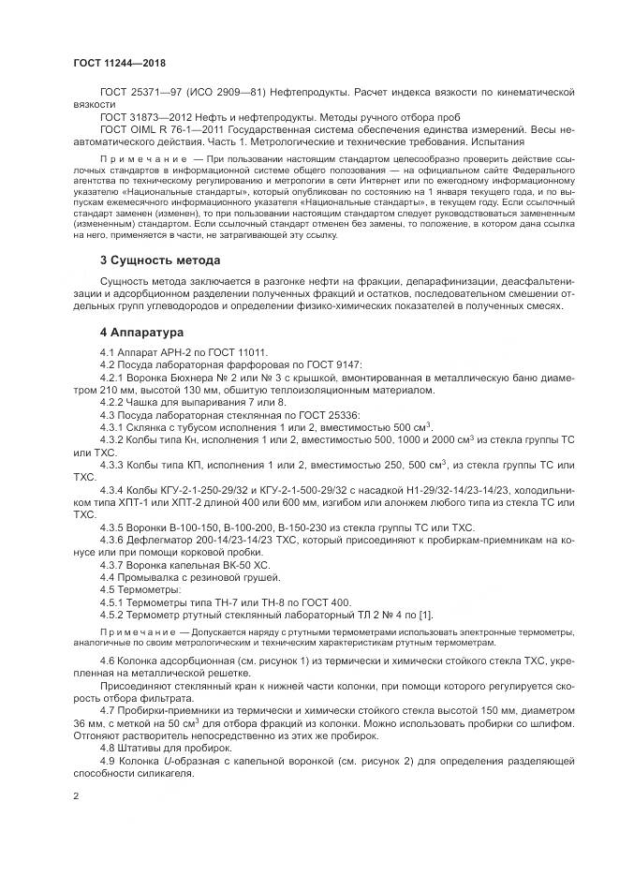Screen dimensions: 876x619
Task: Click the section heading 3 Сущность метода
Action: point(159,260)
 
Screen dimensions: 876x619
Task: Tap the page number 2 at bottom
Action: point(76,797)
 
